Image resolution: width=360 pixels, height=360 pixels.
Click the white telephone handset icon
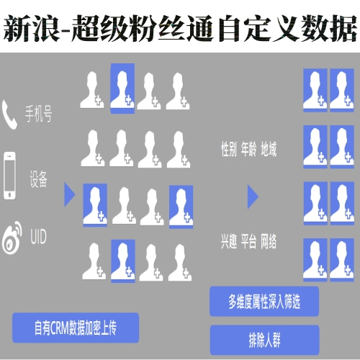click(x=9, y=114)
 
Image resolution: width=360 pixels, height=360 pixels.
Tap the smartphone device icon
click(x=10, y=176)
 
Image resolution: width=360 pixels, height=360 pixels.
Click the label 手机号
click(x=38, y=114)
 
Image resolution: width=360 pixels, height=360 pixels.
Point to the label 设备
click(x=38, y=179)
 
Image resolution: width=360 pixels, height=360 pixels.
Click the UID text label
click(x=38, y=237)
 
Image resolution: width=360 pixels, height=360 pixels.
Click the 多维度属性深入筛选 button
click(x=264, y=302)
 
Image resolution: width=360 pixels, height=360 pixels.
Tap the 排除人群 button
click(x=264, y=340)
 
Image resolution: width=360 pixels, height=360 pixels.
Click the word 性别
click(x=229, y=149)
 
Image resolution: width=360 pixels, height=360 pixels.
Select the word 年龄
click(x=249, y=149)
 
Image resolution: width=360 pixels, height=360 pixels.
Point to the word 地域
click(x=269, y=149)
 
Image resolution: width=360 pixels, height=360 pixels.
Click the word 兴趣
click(x=229, y=241)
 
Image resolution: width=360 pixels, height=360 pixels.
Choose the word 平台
click(x=249, y=241)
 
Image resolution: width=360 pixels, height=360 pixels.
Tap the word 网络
click(x=269, y=241)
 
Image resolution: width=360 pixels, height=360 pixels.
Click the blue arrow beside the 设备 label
click(x=70, y=194)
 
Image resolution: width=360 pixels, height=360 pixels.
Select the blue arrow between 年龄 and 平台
click(x=253, y=197)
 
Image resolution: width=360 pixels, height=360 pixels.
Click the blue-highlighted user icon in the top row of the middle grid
click(x=122, y=89)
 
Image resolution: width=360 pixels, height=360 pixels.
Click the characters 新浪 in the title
click(x=31, y=28)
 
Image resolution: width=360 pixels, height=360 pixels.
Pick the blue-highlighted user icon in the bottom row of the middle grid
click(x=123, y=261)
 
